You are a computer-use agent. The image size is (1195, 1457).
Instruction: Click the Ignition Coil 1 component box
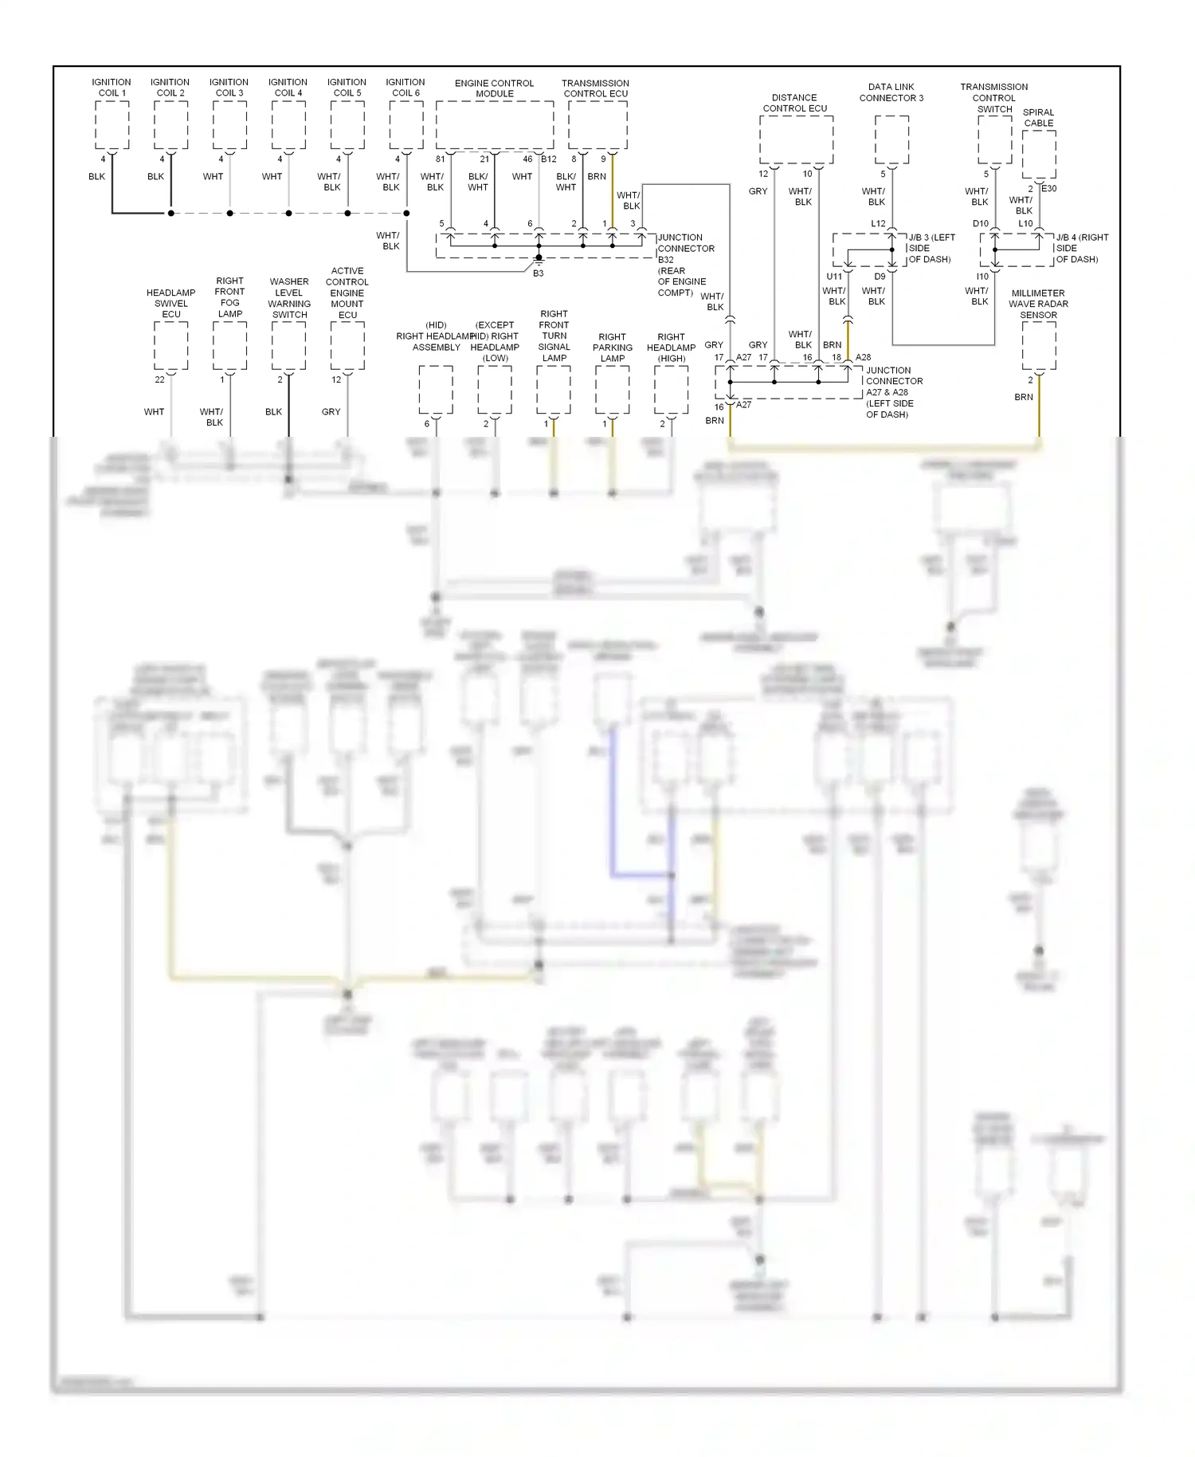[x=112, y=124]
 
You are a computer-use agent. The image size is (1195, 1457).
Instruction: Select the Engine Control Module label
[x=494, y=88]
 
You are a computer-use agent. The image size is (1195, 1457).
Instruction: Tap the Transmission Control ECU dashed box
[x=597, y=124]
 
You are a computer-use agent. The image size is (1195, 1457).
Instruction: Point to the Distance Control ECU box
[x=796, y=140]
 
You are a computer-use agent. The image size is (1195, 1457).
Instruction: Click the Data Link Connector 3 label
[x=891, y=92]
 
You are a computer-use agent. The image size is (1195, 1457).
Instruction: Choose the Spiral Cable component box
[x=1038, y=155]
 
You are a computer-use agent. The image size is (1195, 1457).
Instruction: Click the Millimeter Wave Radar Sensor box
[x=1038, y=346]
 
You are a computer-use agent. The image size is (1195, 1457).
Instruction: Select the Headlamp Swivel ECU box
[x=170, y=346]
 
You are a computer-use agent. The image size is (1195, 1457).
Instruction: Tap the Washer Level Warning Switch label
[x=288, y=298]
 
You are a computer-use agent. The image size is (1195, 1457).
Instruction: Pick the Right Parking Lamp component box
[x=612, y=390]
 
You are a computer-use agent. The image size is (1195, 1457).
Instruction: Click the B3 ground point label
[x=539, y=273]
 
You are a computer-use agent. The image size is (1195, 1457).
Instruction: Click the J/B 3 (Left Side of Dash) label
[x=931, y=248]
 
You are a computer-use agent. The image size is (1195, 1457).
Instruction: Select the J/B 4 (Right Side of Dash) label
[x=1081, y=248]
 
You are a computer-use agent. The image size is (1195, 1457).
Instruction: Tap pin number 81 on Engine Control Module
[x=440, y=159]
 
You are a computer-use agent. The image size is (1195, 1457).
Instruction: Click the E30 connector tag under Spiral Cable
[x=1048, y=189]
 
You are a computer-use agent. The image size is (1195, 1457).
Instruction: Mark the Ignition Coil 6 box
[x=406, y=124]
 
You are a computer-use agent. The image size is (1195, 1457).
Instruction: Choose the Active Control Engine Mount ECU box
[x=347, y=346]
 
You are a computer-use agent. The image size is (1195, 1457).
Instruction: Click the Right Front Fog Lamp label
[x=229, y=297]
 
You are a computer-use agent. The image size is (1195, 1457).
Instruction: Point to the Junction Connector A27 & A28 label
[x=893, y=392]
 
